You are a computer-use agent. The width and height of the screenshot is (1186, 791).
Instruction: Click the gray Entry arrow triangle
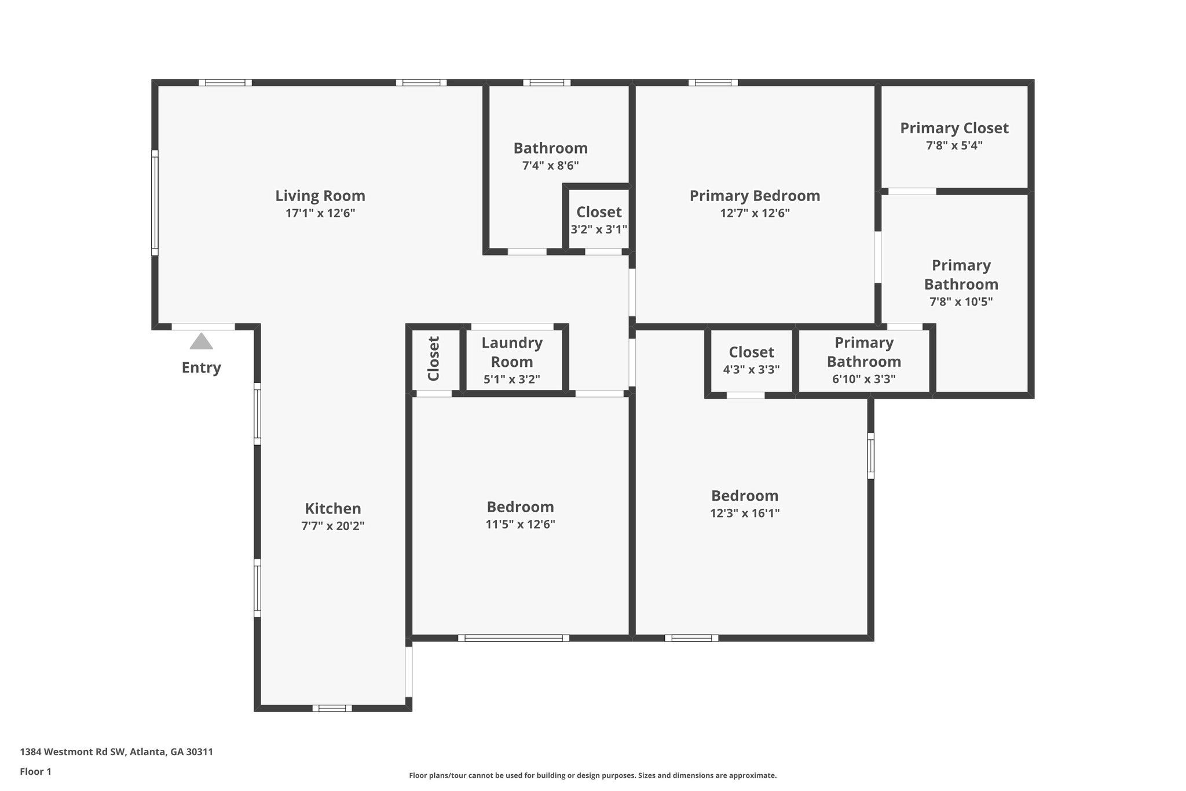(x=201, y=341)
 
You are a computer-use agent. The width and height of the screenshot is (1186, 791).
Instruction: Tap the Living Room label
(x=320, y=196)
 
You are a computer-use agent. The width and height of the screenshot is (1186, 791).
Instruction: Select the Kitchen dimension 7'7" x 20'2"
(x=332, y=526)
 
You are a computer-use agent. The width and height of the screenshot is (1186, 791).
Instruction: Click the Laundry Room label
(x=512, y=352)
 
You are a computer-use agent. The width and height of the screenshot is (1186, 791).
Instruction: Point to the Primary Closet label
(x=954, y=128)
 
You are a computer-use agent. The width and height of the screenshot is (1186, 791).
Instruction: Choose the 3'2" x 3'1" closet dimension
(x=599, y=229)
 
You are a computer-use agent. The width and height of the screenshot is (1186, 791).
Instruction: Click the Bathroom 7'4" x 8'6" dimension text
(x=550, y=166)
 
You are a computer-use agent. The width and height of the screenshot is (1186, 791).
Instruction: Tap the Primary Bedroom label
(x=755, y=196)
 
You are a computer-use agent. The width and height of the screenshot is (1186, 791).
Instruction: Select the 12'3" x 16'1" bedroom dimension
(x=745, y=513)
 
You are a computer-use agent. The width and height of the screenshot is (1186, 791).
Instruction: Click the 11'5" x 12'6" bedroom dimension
(x=520, y=524)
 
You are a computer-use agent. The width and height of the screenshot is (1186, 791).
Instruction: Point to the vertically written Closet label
(x=434, y=359)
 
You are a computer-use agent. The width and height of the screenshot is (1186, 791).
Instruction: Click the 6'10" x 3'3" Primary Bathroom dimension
(x=863, y=379)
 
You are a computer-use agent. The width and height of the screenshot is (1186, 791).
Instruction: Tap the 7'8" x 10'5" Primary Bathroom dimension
(x=961, y=302)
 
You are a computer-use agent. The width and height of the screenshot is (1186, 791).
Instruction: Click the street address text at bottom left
(x=116, y=752)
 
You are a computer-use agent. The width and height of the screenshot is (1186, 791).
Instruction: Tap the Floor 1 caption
(x=36, y=771)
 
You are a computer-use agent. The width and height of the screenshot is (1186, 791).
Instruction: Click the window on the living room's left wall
(x=155, y=203)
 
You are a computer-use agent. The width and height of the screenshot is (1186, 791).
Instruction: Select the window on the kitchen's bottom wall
(x=332, y=708)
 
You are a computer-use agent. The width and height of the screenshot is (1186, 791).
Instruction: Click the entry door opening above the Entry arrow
(x=203, y=327)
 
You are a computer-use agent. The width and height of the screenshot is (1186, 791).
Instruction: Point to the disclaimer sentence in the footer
(x=592, y=775)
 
